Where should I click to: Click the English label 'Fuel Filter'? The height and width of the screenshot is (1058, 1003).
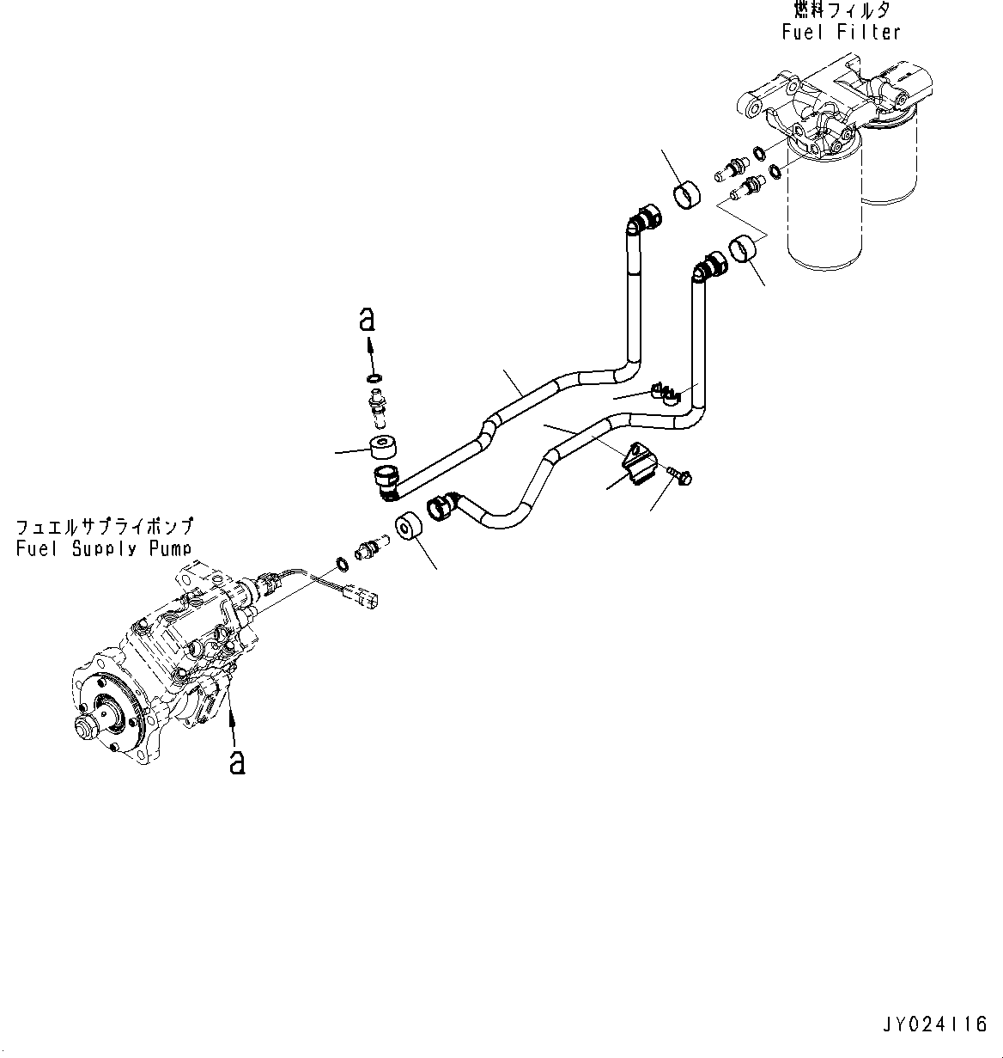(x=841, y=33)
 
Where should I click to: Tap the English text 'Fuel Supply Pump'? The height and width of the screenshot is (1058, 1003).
(x=104, y=548)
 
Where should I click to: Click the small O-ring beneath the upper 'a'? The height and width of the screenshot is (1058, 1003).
(x=374, y=379)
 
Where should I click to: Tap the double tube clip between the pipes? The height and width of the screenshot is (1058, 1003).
(x=666, y=393)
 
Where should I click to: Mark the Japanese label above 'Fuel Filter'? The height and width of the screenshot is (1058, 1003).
(x=841, y=11)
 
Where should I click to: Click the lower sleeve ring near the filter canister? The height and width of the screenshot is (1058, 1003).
(x=745, y=251)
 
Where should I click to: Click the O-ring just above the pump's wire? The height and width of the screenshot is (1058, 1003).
(x=341, y=564)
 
